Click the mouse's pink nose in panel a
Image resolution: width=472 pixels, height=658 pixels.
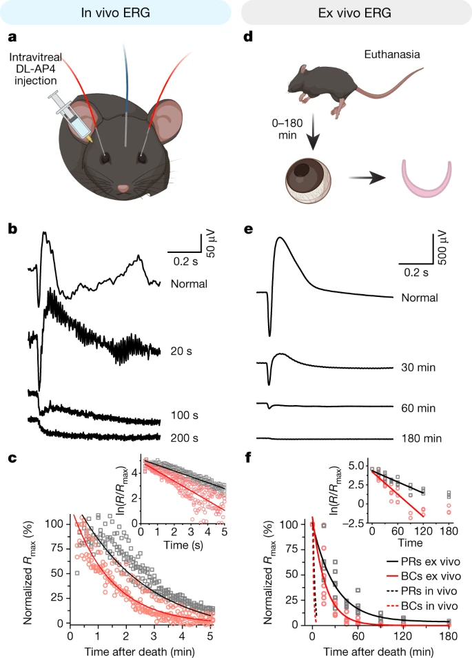[123, 187]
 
